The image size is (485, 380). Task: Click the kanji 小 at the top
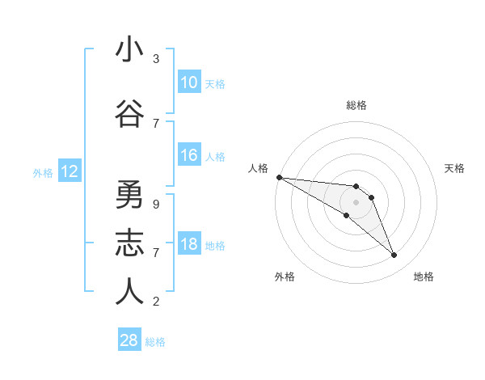(129, 49)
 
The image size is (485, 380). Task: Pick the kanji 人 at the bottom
(129, 292)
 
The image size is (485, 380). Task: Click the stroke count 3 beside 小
(156, 59)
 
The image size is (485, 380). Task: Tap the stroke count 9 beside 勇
(156, 205)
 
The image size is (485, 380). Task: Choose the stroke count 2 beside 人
(156, 302)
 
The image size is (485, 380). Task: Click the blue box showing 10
(189, 82)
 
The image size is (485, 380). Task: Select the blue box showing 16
(189, 155)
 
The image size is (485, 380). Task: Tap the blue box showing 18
(189, 244)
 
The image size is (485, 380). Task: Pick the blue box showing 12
(70, 171)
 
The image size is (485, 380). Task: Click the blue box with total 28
(129, 340)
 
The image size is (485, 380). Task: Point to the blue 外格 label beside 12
(43, 172)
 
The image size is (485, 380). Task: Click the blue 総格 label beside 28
(155, 342)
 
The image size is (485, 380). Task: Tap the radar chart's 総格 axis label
(356, 105)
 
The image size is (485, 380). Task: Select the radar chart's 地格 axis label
(424, 277)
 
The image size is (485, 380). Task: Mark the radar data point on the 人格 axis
(279, 176)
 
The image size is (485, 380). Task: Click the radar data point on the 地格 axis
(394, 255)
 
